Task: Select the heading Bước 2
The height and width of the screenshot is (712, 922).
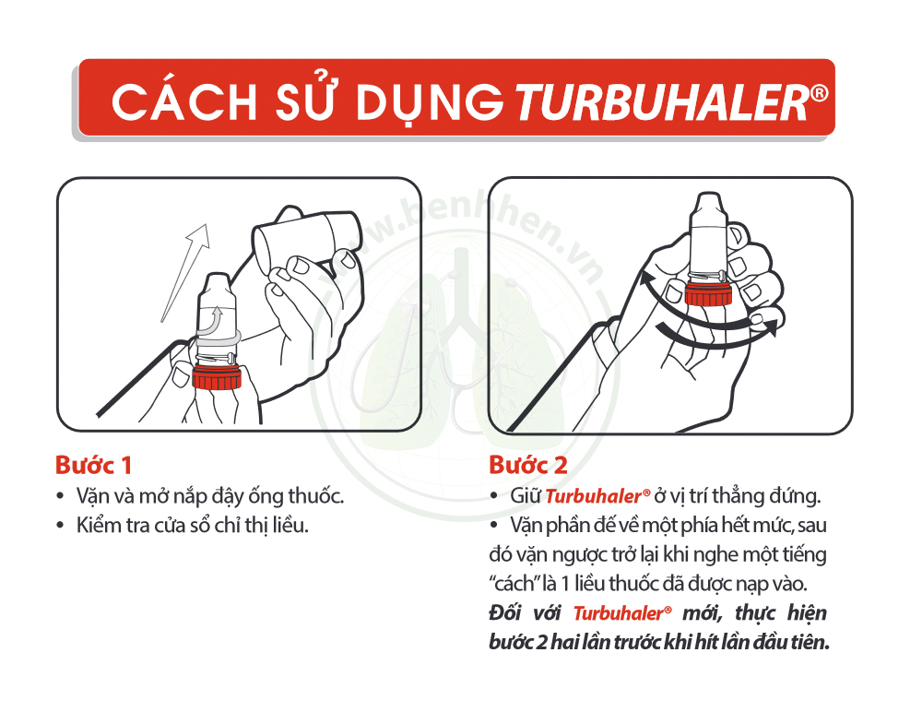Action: tap(528, 463)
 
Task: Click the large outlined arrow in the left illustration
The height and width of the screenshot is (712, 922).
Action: tap(188, 267)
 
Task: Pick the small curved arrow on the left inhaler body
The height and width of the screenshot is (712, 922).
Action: tap(216, 319)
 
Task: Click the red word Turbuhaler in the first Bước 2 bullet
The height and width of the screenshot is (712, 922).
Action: tap(591, 496)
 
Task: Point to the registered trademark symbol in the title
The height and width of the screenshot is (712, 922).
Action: tap(820, 92)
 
